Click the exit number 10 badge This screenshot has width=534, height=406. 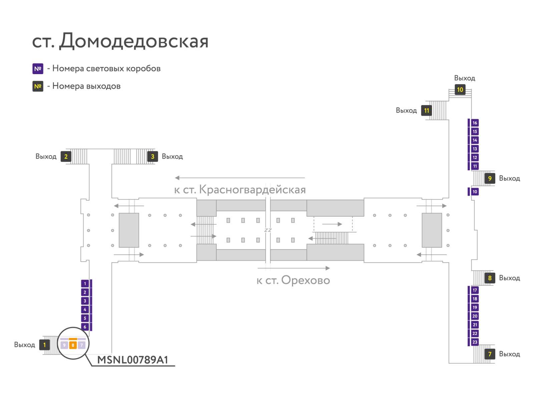tap(460, 89)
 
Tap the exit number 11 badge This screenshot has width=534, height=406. tap(426, 111)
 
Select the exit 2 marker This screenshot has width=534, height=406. tap(66, 156)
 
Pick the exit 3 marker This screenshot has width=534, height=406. tap(152, 156)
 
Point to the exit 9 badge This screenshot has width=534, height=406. tap(490, 178)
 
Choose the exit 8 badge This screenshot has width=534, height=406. tap(490, 278)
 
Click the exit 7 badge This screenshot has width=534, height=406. tap(490, 354)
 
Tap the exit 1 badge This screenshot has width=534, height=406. tap(44, 345)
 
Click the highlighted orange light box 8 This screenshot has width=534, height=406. tap(73, 345)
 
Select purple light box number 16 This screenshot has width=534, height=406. tap(474, 123)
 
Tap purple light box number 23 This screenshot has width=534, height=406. tap(474, 342)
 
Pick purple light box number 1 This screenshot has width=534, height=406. tap(85, 283)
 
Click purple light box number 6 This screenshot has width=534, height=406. tap(85, 327)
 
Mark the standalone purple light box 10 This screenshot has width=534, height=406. tap(474, 192)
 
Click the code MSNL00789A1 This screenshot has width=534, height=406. tap(132, 360)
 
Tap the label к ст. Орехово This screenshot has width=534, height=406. tap(293, 280)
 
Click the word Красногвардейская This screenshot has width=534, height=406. tap(252, 190)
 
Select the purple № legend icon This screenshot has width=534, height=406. tap(38, 68)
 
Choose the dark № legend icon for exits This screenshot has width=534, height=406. tap(38, 86)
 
